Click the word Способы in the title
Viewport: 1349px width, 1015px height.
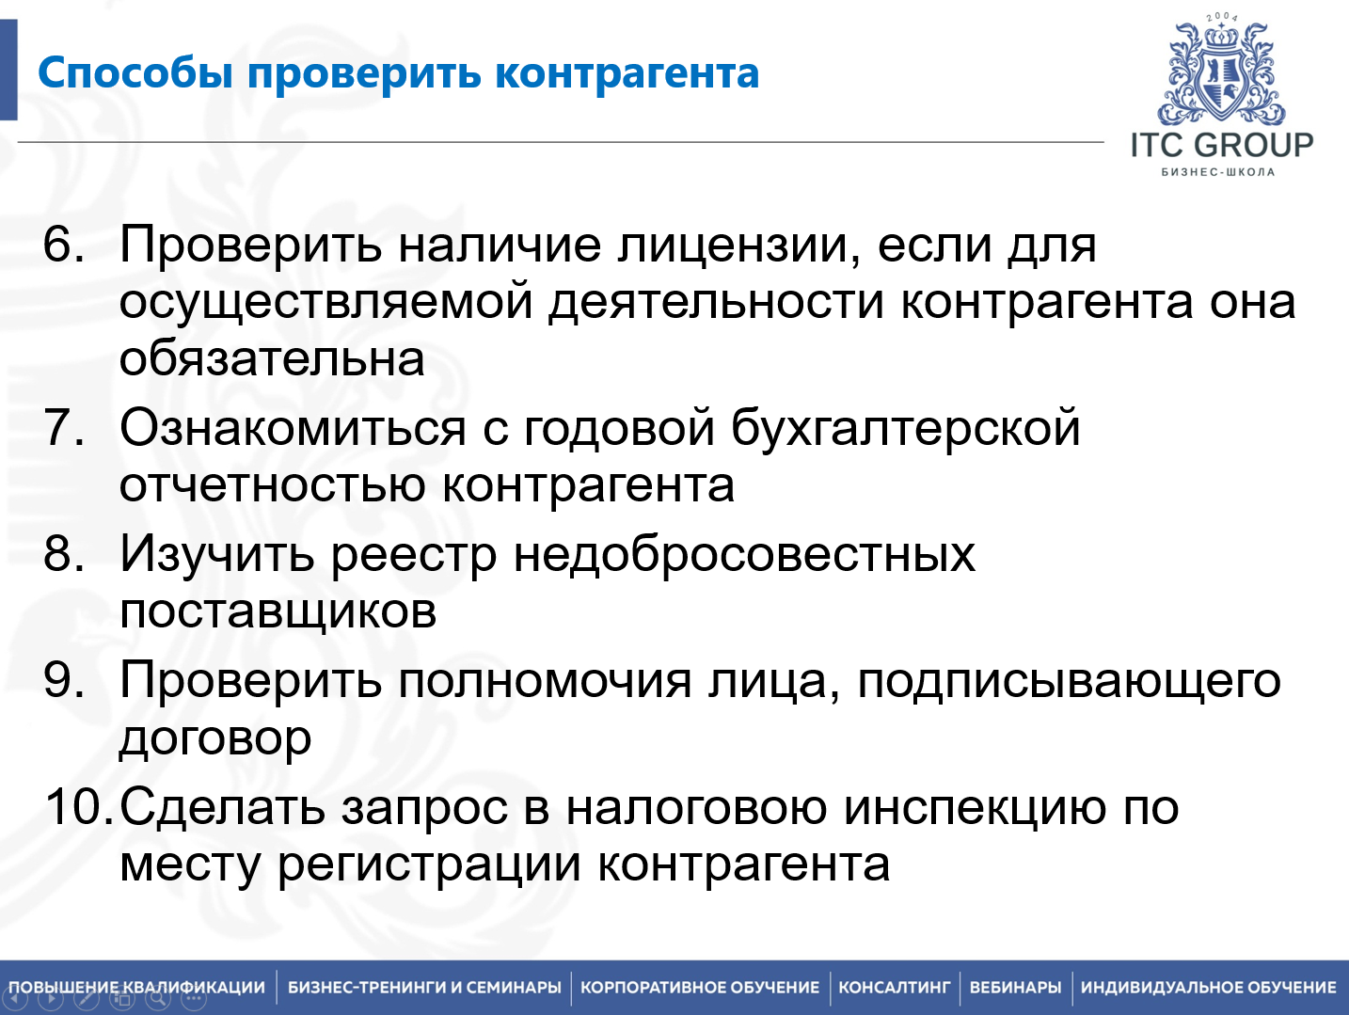point(135,74)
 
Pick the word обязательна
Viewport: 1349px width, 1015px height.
point(272,359)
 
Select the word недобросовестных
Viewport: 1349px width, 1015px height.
point(744,554)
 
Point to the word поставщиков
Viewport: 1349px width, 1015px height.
point(278,611)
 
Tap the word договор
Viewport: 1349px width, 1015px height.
point(215,739)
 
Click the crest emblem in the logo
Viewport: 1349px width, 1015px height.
point(1221,74)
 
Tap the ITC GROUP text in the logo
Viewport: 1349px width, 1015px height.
point(1221,146)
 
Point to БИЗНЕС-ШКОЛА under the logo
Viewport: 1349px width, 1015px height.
point(1218,172)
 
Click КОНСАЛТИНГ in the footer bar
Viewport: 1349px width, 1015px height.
point(895,988)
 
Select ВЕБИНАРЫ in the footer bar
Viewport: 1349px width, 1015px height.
point(1015,988)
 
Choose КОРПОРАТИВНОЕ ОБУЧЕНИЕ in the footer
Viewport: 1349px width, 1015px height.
point(700,988)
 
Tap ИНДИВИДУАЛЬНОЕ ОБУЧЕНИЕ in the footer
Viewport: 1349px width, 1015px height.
point(1208,988)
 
